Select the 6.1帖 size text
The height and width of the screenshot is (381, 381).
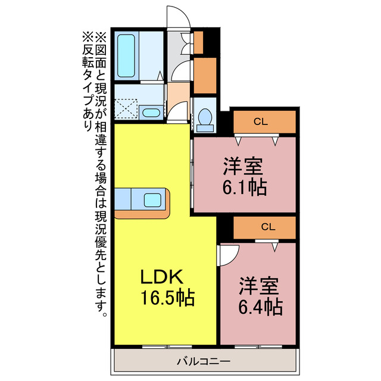(244, 188)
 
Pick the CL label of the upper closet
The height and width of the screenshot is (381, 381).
(260, 122)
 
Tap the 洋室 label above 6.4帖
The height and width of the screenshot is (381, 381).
(260, 286)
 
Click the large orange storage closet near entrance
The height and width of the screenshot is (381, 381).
(205, 75)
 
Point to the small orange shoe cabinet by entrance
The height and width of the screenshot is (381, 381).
(199, 40)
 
